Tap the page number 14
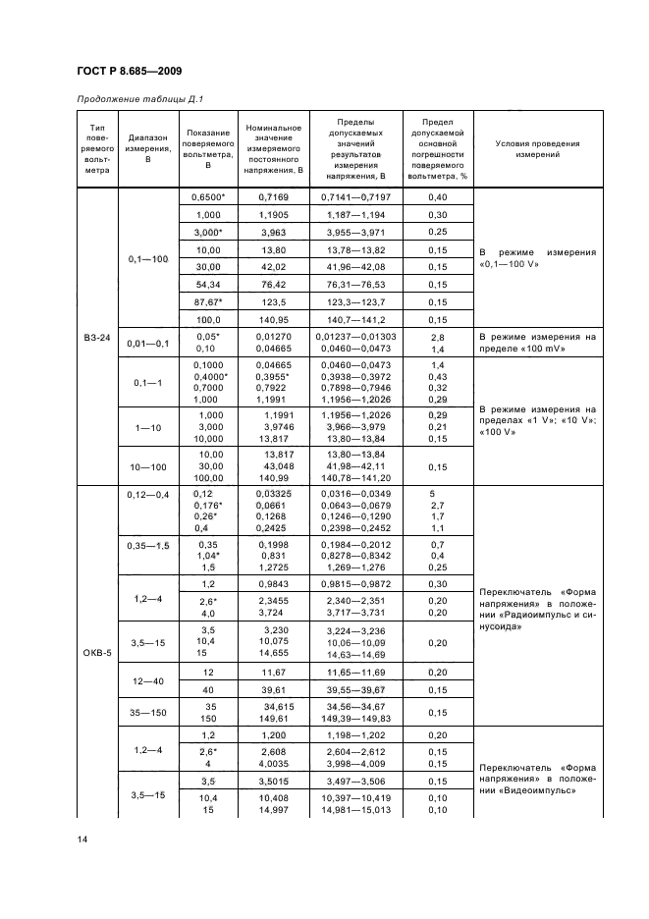(x=81, y=839)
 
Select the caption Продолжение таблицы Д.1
(x=137, y=98)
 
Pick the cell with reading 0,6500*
(x=209, y=197)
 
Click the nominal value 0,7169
(x=273, y=197)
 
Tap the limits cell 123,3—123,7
(x=356, y=301)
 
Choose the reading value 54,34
(x=209, y=284)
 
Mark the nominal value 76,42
(x=273, y=284)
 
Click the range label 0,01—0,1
(x=148, y=342)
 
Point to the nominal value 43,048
(x=280, y=465)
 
